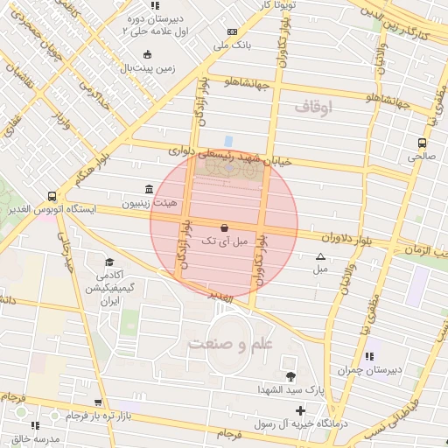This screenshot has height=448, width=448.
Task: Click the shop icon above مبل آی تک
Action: (x=224, y=227)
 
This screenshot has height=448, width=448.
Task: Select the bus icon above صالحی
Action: (x=422, y=143)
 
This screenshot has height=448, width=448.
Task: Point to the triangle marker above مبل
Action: (x=319, y=256)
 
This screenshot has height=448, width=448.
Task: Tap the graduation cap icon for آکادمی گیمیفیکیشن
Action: (x=110, y=262)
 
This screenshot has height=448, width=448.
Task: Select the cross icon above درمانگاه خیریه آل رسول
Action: (x=301, y=409)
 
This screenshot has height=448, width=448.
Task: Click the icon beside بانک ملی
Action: (x=219, y=31)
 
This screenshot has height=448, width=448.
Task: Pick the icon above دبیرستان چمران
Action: (x=370, y=356)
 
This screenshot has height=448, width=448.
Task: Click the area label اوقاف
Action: (x=315, y=108)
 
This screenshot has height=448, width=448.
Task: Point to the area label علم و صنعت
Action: (x=230, y=343)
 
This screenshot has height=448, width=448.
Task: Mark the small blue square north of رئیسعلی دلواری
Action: (x=228, y=140)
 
